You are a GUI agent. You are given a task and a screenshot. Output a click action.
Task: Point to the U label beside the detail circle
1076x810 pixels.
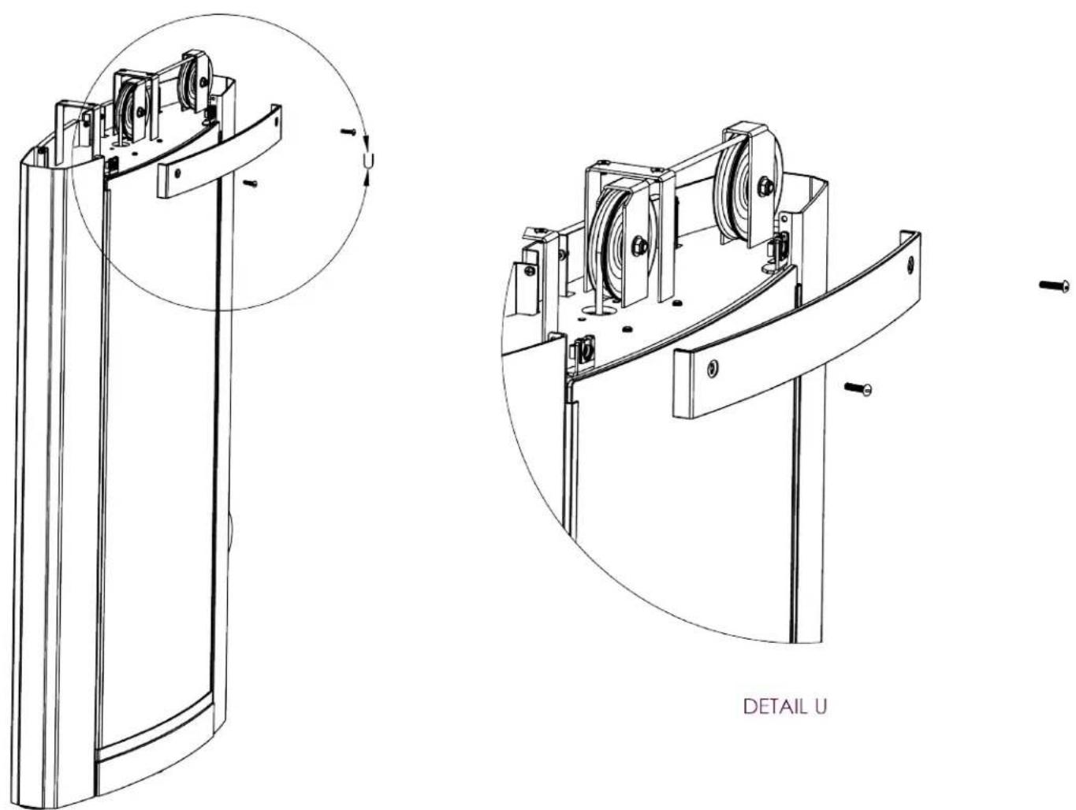coord(368,159)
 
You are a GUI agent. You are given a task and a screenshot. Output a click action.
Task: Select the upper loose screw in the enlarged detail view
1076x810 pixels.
coord(1055,285)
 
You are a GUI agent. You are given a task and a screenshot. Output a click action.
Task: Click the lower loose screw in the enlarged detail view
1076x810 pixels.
coord(858,388)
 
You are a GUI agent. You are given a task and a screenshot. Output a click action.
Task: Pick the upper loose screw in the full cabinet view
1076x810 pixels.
coord(348,132)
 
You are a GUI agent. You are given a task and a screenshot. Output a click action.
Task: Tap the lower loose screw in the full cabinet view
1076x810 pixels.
coord(251,184)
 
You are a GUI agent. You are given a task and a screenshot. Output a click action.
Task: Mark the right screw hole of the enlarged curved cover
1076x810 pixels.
coord(910,265)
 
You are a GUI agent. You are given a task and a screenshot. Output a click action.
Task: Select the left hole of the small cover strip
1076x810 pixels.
coord(177,173)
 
